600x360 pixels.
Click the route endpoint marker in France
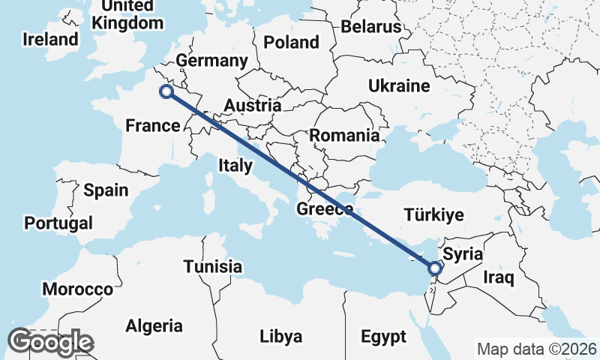166,91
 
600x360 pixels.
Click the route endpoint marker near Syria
434,267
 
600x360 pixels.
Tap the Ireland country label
50,39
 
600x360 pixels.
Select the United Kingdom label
127,14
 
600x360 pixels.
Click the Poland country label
292,41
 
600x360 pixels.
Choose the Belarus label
371,27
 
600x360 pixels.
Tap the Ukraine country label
398,85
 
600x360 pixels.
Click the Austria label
253,106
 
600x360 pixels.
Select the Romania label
344,136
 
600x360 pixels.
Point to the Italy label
235,165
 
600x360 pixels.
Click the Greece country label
324,209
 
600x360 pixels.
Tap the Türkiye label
434,215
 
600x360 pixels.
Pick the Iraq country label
499,278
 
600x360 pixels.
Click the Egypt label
383,335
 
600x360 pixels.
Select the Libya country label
281,335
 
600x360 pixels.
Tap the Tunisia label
213,266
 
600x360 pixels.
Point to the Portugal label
58,223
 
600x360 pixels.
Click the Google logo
50,342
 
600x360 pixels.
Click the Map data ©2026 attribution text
536,349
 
